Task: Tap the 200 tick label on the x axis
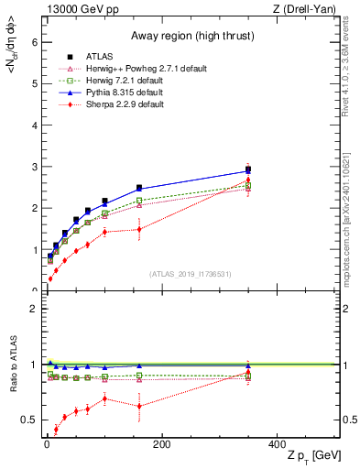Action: point(161,444)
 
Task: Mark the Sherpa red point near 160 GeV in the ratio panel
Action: point(139,406)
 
